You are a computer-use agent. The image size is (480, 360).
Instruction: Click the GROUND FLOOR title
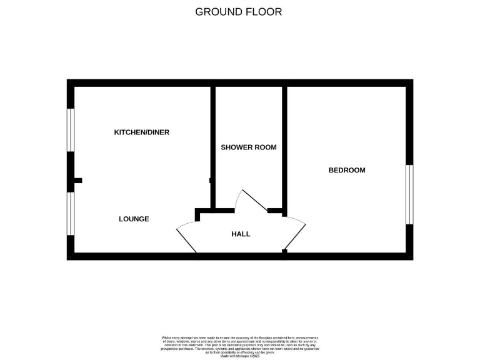[x=239, y=11]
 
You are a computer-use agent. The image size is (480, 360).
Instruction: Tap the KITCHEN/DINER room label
[x=141, y=132]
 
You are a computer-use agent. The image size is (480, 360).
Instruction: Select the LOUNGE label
[x=134, y=219]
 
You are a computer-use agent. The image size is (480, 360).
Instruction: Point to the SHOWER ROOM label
[x=249, y=147]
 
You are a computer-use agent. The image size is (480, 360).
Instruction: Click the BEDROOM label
[x=347, y=170]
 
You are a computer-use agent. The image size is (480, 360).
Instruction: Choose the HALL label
[x=241, y=234]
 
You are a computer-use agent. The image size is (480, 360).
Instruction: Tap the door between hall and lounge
[x=187, y=238]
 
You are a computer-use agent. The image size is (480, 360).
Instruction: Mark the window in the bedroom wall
[x=409, y=194]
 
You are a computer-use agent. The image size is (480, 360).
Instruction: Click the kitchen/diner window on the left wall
[x=71, y=130]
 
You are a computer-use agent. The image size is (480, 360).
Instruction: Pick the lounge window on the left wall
[x=71, y=214]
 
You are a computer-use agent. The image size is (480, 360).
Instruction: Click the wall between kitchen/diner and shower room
[x=212, y=147]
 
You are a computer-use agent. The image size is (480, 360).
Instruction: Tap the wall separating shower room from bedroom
[x=284, y=147]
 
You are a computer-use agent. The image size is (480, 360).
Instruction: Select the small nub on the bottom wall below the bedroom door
[x=284, y=251]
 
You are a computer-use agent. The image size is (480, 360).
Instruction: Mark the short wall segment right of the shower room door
[x=275, y=211]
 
